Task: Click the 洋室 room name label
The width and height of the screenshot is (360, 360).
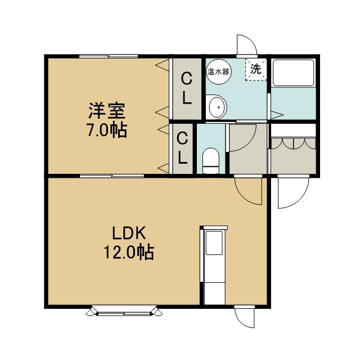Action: point(107,111)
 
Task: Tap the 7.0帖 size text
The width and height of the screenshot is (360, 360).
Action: point(107,130)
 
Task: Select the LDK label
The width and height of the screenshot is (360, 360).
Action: point(129,233)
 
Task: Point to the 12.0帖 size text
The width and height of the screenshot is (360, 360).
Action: point(129,253)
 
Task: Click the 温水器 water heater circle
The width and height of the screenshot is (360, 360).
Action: point(219,71)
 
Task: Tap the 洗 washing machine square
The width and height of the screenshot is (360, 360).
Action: point(256,69)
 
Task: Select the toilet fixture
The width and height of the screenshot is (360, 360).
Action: point(211,160)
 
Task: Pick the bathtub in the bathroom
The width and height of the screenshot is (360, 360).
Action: point(293,73)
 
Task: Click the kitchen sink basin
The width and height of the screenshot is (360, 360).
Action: point(214,242)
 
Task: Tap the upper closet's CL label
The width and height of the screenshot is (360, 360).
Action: point(187,88)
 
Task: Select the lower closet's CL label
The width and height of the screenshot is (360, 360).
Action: point(182,148)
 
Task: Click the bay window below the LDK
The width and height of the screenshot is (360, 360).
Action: point(124,310)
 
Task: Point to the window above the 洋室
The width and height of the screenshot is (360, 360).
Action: point(109,56)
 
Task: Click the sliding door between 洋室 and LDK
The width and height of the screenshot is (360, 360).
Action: point(112,176)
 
